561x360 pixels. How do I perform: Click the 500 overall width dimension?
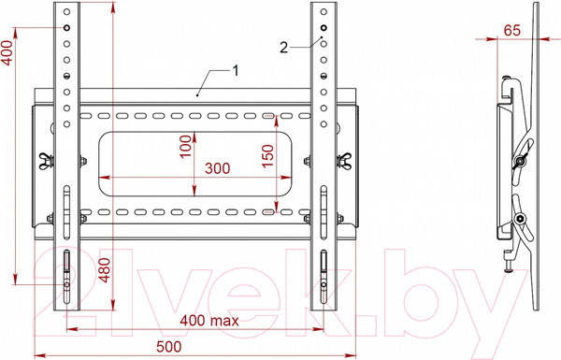pos(196,344)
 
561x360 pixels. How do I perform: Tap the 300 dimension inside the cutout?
pos(216,168)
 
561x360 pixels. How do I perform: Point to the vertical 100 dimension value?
pos(186,147)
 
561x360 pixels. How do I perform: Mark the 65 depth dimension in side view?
pos(511,30)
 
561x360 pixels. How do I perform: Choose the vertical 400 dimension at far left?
pos(8,58)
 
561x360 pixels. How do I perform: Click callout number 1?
pos(236,70)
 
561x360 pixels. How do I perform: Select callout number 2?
pos(283,45)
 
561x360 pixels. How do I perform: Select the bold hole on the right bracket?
pos(324,29)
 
